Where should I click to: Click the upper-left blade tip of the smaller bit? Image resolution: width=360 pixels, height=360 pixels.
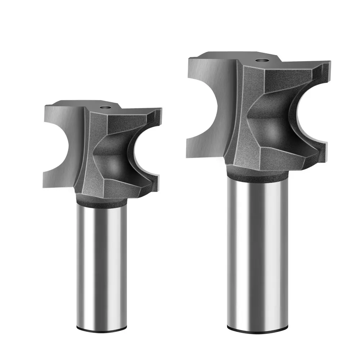47,108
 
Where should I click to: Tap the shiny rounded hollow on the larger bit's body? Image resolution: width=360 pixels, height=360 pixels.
270,122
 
